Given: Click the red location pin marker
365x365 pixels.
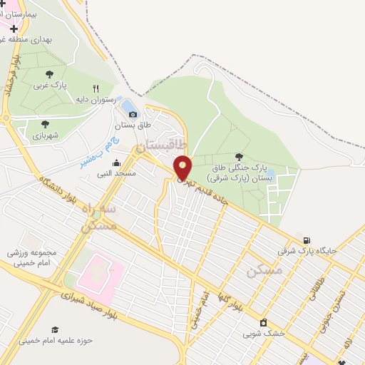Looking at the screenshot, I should click(x=183, y=168).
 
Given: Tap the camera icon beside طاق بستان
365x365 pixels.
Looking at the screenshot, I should click(x=133, y=114).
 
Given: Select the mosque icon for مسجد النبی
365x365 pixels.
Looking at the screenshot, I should click(x=116, y=163).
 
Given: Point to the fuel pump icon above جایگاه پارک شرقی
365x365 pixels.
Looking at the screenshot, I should click(x=307, y=240).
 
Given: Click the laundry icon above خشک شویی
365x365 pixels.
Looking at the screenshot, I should click(x=263, y=322).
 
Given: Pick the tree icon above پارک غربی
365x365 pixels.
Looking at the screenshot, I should click(x=49, y=74).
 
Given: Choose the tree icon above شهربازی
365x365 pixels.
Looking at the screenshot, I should click(x=45, y=123).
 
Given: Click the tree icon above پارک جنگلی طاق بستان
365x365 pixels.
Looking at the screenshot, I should click(x=238, y=157).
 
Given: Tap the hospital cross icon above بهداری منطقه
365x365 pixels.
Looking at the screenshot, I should click(x=14, y=28).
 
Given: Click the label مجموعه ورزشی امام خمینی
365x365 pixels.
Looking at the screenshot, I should click(x=32, y=257).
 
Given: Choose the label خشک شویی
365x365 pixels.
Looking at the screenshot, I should click(x=264, y=333).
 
